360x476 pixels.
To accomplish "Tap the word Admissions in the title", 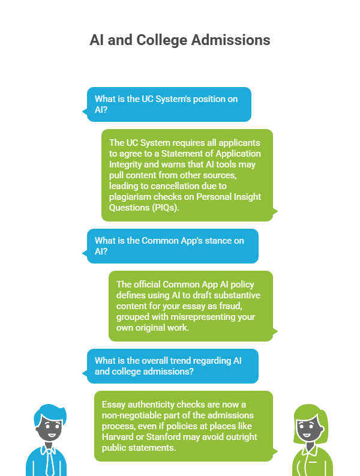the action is pyautogui.click(x=230, y=40).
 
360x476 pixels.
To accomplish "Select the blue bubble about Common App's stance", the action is pyautogui.click(x=170, y=246).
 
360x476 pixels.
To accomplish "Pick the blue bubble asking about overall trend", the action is pyautogui.click(x=170, y=366).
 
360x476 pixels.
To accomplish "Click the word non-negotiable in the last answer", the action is pyautogui.click(x=131, y=415).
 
